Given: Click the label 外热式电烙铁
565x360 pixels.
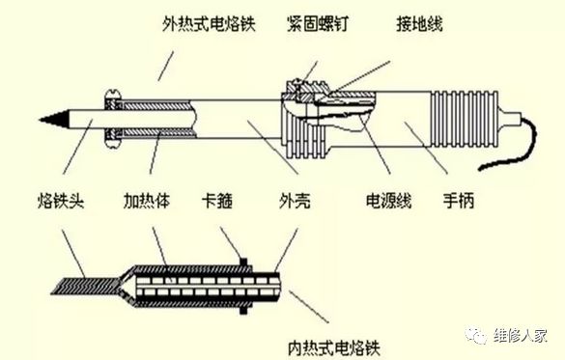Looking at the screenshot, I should pos(207,20).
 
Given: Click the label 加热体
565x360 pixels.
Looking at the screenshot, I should pos(145,204).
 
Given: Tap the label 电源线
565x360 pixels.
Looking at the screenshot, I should pos(386,204).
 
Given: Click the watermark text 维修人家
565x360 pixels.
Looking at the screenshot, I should pos(521,335).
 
